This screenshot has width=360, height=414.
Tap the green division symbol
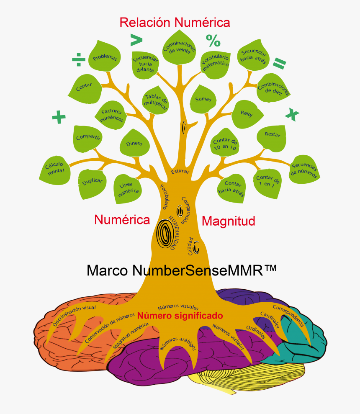pos(79,59)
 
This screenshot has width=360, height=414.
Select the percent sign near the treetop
pos(213,41)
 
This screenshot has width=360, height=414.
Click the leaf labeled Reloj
pos(247,114)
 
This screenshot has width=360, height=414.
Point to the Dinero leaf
pos(135,143)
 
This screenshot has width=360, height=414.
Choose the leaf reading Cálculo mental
pos(55,170)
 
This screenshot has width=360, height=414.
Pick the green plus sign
pos(59,117)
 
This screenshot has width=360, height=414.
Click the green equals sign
pos(280,63)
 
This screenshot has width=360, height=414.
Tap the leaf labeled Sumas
pos(203,99)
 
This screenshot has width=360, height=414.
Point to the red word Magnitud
pos(229,221)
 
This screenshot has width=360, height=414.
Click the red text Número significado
pos(180,316)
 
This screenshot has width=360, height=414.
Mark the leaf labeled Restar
pos(272,138)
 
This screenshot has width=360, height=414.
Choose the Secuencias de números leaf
pos(304,169)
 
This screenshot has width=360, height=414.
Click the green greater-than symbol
pos(136,40)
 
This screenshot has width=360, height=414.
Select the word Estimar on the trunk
pos(180,171)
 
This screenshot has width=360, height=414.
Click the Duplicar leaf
pos(92,184)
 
